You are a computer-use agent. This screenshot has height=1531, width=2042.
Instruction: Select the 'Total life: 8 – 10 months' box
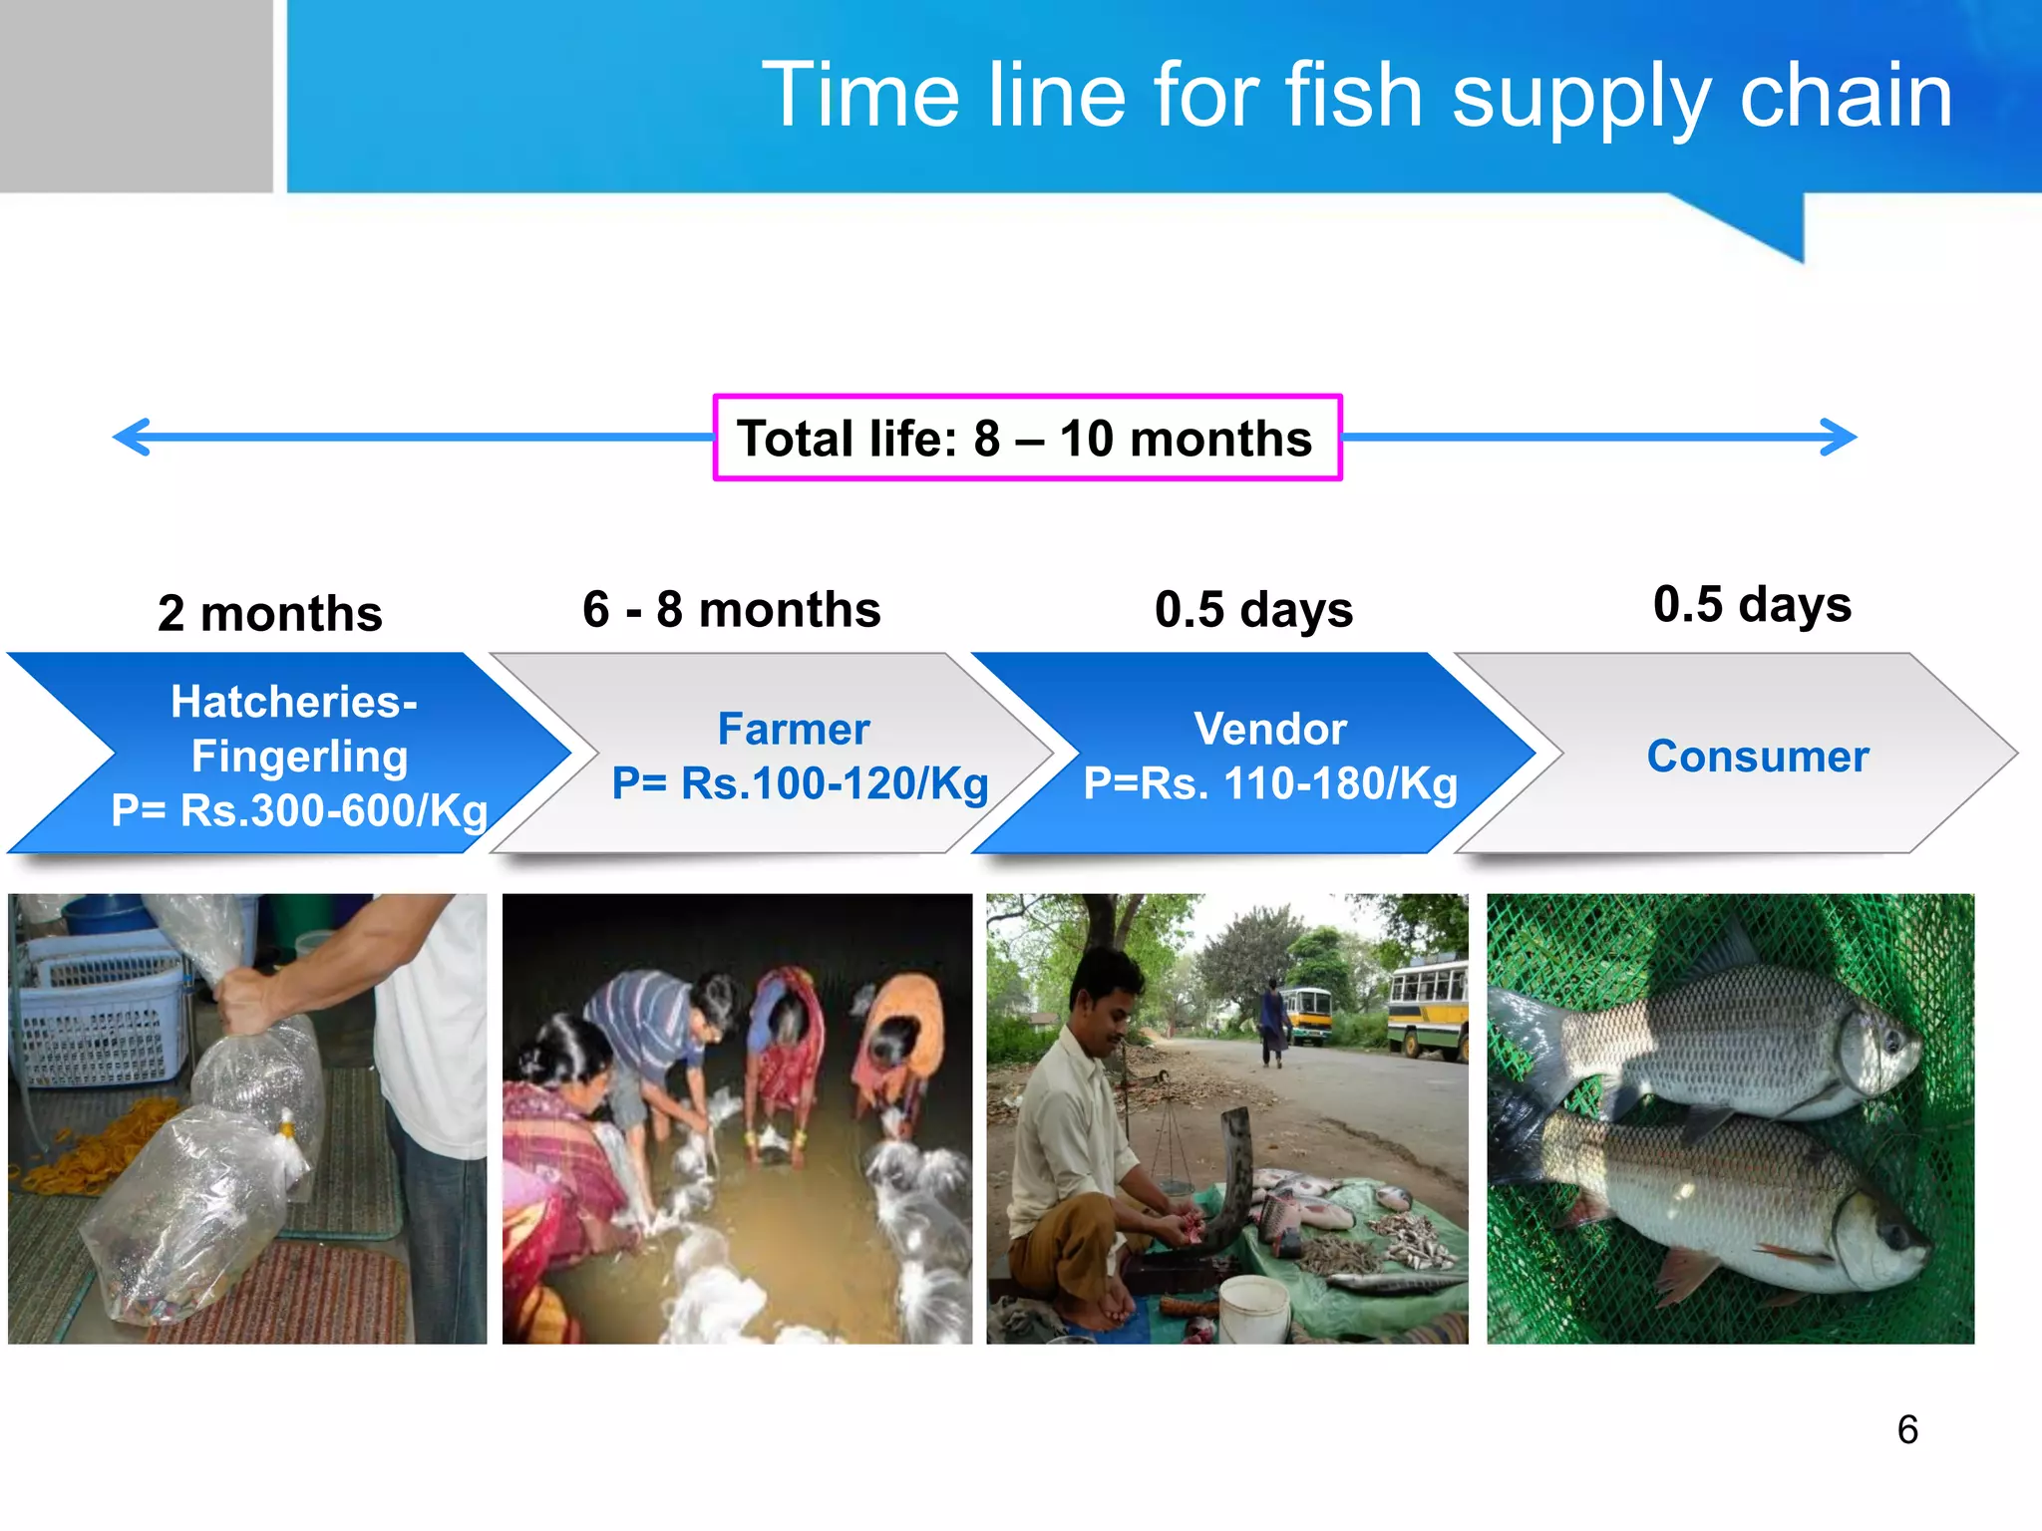click(1027, 438)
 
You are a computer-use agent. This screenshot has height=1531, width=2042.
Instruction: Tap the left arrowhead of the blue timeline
click(132, 437)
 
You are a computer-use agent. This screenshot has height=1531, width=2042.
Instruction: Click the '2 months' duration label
click(270, 613)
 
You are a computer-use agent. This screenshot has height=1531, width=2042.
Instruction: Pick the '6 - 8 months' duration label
click(732, 609)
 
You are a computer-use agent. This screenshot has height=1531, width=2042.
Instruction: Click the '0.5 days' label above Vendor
click(1253, 609)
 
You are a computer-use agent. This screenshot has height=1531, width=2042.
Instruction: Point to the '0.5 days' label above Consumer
click(1752, 604)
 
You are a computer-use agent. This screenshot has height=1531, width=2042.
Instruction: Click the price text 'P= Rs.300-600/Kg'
click(299, 810)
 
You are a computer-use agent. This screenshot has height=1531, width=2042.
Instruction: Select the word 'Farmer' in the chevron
click(794, 729)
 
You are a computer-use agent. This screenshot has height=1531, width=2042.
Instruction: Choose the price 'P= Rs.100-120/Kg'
click(800, 783)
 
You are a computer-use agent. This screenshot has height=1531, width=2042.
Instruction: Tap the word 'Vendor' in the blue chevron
click(1270, 729)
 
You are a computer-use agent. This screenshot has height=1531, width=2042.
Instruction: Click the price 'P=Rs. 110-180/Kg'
click(1270, 783)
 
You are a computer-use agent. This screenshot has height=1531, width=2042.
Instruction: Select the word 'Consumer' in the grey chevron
click(1758, 756)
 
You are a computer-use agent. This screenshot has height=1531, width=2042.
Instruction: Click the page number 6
click(1907, 1429)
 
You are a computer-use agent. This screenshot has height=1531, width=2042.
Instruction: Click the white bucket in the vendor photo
click(1253, 1306)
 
